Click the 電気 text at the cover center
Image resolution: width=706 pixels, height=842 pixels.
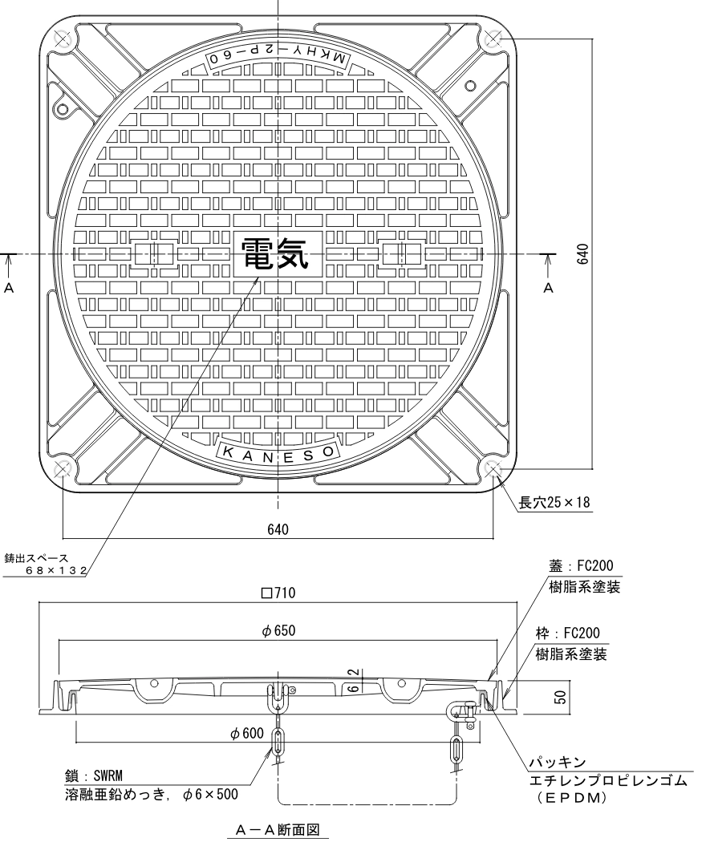click(274, 255)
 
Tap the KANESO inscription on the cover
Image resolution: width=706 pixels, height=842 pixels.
click(278, 452)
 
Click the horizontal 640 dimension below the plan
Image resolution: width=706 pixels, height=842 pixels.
click(278, 528)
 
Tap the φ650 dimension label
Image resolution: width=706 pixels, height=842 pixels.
click(278, 631)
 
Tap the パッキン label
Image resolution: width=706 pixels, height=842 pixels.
click(557, 760)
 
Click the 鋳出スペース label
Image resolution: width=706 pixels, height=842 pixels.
click(35, 557)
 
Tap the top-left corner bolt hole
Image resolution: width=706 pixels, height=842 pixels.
click(63, 38)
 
